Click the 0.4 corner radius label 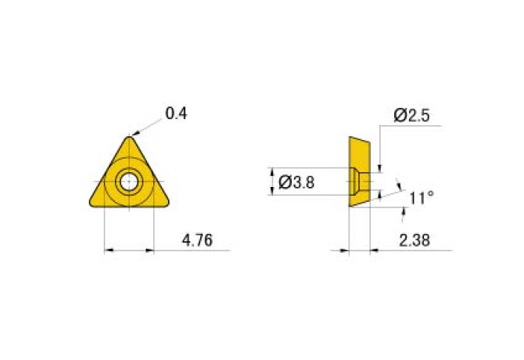click(176, 113)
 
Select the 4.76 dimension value click(197, 240)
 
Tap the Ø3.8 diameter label click(296, 182)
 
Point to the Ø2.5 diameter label click(411, 115)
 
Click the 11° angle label click(422, 198)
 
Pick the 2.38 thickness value click(415, 240)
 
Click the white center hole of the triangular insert click(129, 182)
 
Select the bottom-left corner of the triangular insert click(92, 203)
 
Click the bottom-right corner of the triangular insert click(167, 203)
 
